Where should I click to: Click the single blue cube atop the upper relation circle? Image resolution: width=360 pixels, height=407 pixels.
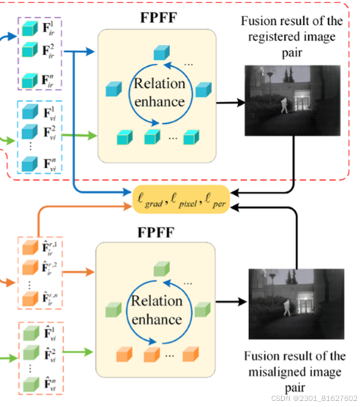[159, 53]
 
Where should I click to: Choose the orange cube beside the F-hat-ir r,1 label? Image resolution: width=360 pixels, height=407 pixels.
[28, 249]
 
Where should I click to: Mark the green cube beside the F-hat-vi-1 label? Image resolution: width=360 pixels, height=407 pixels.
[28, 333]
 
